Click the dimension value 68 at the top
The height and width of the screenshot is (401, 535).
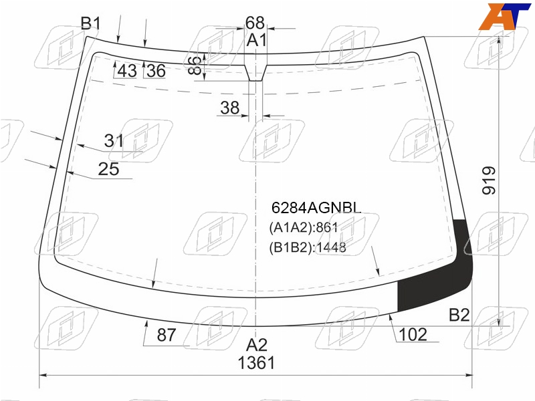(x=255, y=23)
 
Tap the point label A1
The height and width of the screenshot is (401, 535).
(x=257, y=40)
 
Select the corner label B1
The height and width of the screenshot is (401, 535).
(x=91, y=23)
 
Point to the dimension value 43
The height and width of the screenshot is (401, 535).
(x=127, y=71)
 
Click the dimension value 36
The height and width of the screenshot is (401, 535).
(x=156, y=71)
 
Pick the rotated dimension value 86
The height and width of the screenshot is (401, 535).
(x=195, y=65)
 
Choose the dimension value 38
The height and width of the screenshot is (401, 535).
(x=229, y=108)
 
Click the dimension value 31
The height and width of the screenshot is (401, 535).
(x=114, y=141)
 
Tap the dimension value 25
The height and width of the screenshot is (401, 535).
(x=108, y=169)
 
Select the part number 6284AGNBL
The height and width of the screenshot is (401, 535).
(x=316, y=208)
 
